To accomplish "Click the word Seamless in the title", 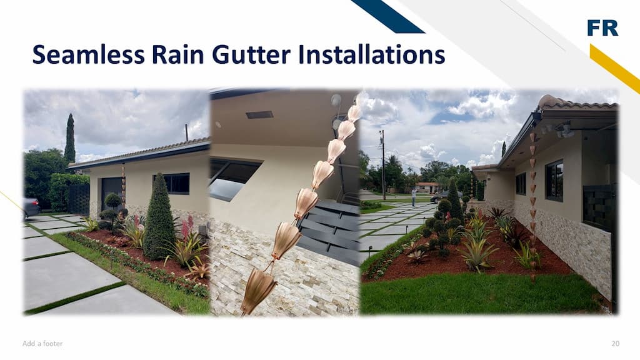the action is [x=89, y=55].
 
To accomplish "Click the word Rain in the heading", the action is [x=178, y=55].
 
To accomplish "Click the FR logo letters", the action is [x=602, y=27].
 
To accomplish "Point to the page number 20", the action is [x=615, y=344].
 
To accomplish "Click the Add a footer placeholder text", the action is [x=42, y=344].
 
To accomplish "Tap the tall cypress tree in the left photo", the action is [x=70, y=138].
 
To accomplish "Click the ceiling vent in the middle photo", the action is [x=259, y=115].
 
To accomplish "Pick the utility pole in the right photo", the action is [x=383, y=165].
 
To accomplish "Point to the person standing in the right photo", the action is [x=414, y=196].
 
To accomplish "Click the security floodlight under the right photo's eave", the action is [x=564, y=130].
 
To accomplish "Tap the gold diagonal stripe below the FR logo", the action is [x=615, y=69].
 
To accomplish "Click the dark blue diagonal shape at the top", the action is [x=387, y=16].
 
